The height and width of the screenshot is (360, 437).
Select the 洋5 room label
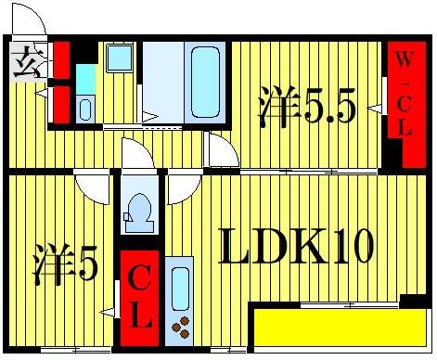66,266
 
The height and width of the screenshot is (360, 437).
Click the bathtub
202,81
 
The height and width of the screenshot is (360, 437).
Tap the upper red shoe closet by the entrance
61,61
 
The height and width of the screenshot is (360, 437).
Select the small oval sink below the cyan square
85,108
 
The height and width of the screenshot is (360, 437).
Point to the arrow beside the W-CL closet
376,109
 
